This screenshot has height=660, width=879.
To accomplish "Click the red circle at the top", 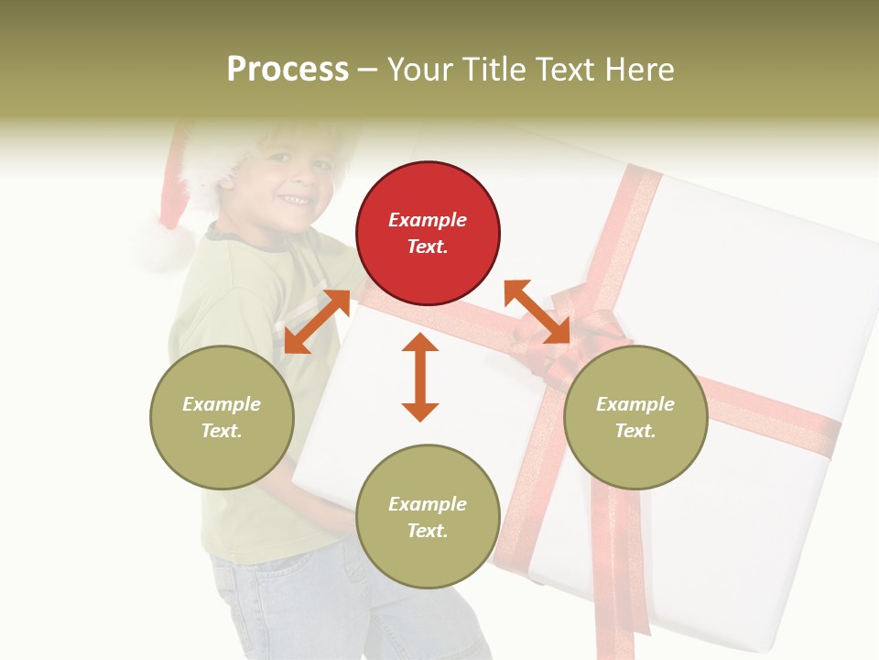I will [428, 234].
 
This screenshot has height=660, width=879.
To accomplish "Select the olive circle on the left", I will [222, 417].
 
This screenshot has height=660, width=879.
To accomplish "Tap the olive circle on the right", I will [635, 417].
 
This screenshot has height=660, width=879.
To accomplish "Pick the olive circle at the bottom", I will [428, 517].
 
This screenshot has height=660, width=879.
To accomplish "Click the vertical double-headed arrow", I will [420, 377].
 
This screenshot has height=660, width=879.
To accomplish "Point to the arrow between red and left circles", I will [317, 322].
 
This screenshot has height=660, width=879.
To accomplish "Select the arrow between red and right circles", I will [537, 312].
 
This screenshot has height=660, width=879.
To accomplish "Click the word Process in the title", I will [288, 70].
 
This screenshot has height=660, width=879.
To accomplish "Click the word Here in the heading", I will [641, 70].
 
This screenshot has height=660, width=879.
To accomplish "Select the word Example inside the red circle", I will [428, 220].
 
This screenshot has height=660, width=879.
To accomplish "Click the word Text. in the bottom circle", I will [428, 531].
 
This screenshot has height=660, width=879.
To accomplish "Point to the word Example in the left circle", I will [222, 404].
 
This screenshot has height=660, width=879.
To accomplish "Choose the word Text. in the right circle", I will [635, 431].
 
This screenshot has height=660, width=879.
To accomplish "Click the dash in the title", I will [368, 70].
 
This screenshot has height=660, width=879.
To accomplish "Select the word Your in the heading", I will [420, 70].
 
